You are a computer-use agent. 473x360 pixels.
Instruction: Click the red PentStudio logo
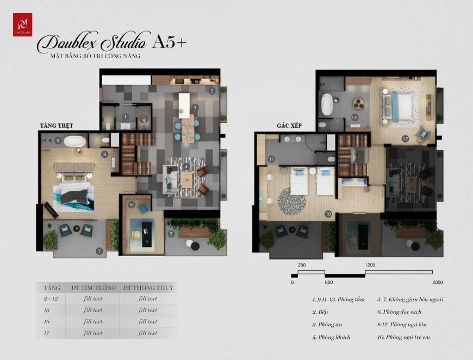click(23, 25)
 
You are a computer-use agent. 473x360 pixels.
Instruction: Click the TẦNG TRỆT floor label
click(57, 126)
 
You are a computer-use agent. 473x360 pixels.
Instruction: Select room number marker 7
click(99, 251)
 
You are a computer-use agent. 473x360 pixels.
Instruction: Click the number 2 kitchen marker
click(211, 90)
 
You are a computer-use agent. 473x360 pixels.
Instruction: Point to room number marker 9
click(58, 140)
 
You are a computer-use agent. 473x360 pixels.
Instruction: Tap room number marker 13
click(353, 117)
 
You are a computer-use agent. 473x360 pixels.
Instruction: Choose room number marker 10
click(328, 214)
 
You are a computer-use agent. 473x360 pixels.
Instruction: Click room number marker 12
click(405, 139)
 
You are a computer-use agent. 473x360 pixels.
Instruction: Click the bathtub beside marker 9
click(74, 141)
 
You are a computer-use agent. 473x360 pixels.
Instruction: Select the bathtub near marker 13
click(327, 104)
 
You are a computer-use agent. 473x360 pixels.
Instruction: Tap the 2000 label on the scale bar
click(438, 282)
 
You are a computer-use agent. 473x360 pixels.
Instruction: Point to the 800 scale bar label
click(328, 282)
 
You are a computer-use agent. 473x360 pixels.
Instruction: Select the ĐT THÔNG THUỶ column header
click(148, 288)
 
